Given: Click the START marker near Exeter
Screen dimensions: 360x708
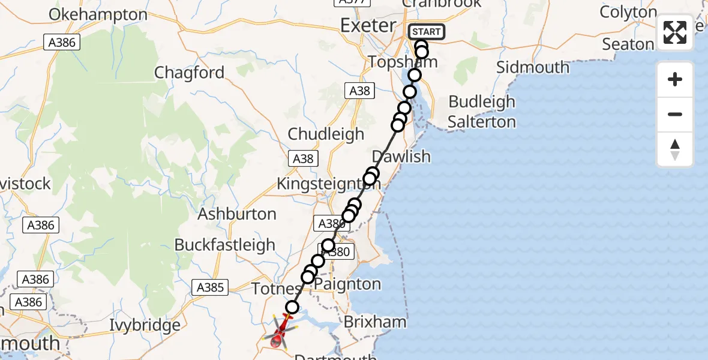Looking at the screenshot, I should [426, 32].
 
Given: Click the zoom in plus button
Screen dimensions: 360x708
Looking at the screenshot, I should [675, 79].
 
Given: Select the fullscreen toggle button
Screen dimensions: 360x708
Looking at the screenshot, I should [675, 32].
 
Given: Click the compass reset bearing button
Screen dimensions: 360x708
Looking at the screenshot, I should [675, 149].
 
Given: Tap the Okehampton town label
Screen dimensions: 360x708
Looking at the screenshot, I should [98, 15].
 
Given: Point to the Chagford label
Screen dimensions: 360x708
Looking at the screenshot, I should [189, 73].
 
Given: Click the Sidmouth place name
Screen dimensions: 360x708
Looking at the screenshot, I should [533, 67].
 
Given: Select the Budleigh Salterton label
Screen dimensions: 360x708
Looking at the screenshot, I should [482, 112].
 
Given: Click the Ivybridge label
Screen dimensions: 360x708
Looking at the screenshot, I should [145, 326].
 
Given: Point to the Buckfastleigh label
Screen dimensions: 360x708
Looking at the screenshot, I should [224, 245].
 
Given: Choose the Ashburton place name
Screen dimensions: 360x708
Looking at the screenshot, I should [237, 214].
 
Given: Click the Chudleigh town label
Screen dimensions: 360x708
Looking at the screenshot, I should [326, 134].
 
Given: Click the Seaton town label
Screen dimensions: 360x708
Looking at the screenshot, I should [628, 44].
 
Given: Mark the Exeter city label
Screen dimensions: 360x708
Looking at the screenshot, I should [368, 25].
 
